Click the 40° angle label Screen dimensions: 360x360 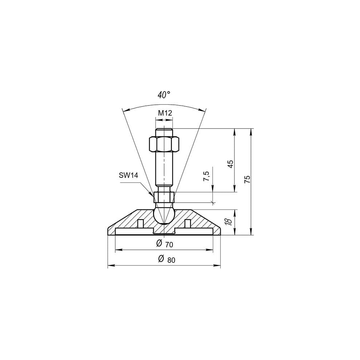point(164,95)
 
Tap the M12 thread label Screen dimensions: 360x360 point(165,113)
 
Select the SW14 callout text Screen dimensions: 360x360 point(129,176)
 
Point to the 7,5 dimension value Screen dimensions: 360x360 point(206,176)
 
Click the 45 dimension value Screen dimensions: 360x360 point(230,164)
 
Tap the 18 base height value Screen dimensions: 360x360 point(229,221)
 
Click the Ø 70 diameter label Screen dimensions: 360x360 point(165,244)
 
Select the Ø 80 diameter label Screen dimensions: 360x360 point(166,259)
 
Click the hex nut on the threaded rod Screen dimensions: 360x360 point(164,144)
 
